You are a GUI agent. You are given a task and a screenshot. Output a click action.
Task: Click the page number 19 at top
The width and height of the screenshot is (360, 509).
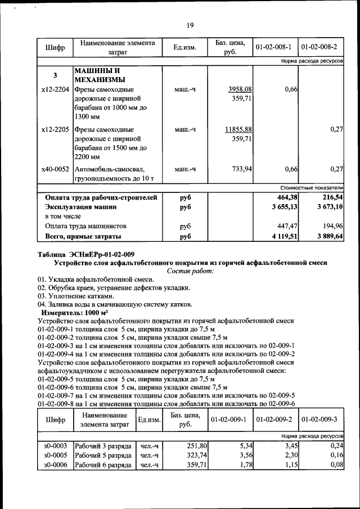(190, 24)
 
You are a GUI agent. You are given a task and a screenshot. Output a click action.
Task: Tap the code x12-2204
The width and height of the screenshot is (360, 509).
(55, 89)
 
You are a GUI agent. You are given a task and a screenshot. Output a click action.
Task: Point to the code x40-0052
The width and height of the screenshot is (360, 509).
(55, 169)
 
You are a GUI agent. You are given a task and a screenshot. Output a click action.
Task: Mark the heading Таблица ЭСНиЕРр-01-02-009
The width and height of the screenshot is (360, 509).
(85, 254)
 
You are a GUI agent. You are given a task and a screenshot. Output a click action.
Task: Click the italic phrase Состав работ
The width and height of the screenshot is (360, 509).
(191, 271)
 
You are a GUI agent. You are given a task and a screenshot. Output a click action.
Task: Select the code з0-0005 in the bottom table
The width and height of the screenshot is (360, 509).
(55, 455)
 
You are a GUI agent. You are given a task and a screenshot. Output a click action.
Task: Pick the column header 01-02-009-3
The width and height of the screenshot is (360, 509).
(321, 420)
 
